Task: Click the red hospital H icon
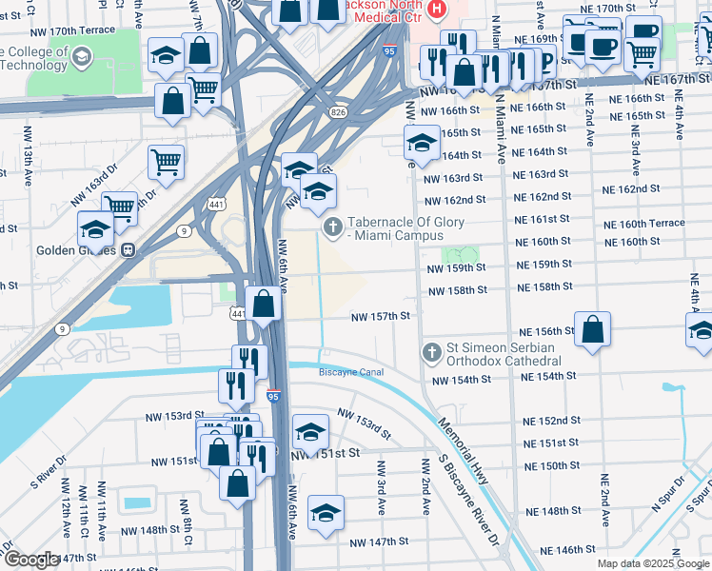tap(437, 9)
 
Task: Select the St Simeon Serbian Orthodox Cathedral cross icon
tap(431, 353)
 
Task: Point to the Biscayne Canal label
tap(351, 372)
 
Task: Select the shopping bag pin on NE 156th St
tap(592, 329)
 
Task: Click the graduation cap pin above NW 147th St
tap(326, 511)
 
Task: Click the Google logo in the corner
tap(31, 560)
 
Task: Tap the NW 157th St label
tap(380, 316)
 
